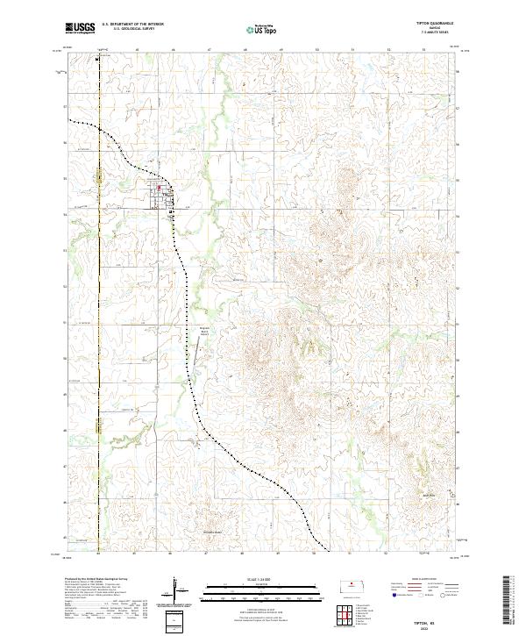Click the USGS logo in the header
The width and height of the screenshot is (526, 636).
(x=81, y=28)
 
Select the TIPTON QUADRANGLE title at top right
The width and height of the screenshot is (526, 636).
(x=444, y=25)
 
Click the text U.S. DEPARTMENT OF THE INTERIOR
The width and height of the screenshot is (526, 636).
(x=132, y=25)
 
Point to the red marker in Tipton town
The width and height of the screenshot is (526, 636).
(x=159, y=186)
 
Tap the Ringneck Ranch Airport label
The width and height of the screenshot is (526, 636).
(x=195, y=332)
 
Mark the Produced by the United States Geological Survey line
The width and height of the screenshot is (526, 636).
(x=92, y=581)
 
